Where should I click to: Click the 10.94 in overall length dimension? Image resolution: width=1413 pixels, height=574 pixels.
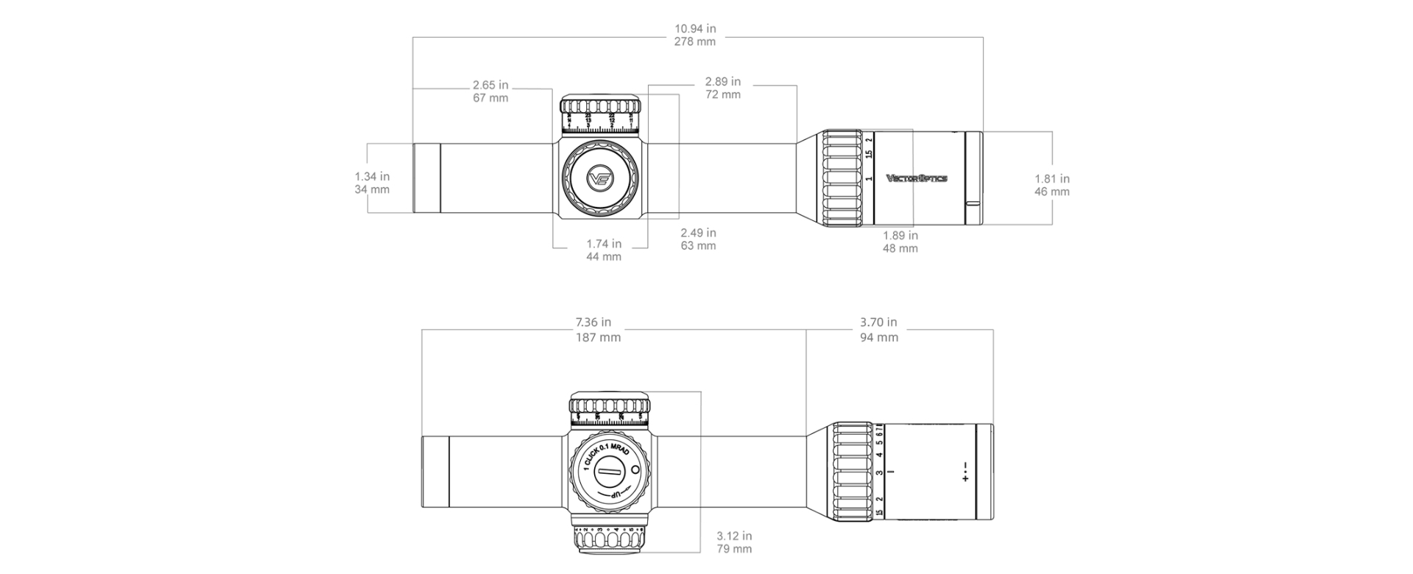tap(694, 35)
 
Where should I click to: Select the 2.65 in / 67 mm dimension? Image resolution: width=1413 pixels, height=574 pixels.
tap(490, 91)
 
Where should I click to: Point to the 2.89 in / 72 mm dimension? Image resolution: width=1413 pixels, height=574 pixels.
tap(722, 88)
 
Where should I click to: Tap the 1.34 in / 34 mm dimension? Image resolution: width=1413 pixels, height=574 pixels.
tap(372, 183)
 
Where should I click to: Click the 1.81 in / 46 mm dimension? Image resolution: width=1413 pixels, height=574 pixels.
tap(1051, 185)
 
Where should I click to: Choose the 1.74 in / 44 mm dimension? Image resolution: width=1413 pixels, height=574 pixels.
tap(604, 250)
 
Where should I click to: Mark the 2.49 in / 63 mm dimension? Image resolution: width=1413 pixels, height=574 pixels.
tap(698, 239)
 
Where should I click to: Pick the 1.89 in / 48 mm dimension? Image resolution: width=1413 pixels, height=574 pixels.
tap(900, 242)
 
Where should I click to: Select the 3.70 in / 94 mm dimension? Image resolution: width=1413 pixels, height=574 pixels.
tap(878, 329)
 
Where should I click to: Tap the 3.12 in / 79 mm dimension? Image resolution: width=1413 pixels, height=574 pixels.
tap(733, 542)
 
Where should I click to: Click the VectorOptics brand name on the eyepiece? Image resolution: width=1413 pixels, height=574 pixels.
tap(916, 178)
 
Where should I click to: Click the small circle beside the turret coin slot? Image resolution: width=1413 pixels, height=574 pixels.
tap(635, 469)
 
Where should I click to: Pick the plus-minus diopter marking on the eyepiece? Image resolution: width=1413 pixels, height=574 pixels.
tap(965, 472)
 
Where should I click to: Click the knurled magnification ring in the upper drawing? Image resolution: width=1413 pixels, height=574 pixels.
tap(841, 178)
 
